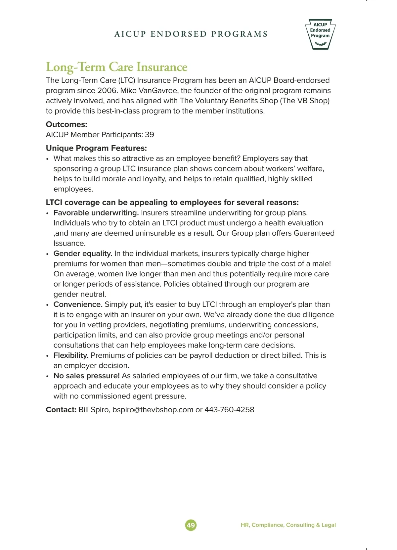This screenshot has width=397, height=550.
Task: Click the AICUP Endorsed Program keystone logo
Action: (x=320, y=34)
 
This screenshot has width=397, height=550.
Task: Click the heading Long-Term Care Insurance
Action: (x=116, y=67)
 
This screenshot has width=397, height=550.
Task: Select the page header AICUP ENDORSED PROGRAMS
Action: (x=191, y=34)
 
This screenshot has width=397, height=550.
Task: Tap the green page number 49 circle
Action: (x=191, y=525)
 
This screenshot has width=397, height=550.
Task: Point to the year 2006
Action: (x=107, y=91)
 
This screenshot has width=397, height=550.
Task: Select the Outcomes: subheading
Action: (x=66, y=124)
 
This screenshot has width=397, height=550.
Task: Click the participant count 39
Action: (x=150, y=135)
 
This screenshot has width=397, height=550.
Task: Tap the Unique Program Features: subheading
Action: (x=96, y=148)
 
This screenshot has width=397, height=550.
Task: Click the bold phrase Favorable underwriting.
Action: (x=96, y=213)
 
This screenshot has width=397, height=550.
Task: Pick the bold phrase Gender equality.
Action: (x=83, y=253)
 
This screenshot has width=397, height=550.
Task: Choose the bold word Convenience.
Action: (x=78, y=304)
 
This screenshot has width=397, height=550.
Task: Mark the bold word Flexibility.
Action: (x=71, y=355)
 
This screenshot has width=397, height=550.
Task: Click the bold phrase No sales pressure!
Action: (x=87, y=376)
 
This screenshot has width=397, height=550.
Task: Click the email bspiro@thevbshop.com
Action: (x=153, y=410)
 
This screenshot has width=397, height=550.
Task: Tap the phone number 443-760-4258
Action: (x=229, y=410)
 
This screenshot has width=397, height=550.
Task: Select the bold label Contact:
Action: (x=61, y=410)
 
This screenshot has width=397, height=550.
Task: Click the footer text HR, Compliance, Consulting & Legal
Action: (x=288, y=525)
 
